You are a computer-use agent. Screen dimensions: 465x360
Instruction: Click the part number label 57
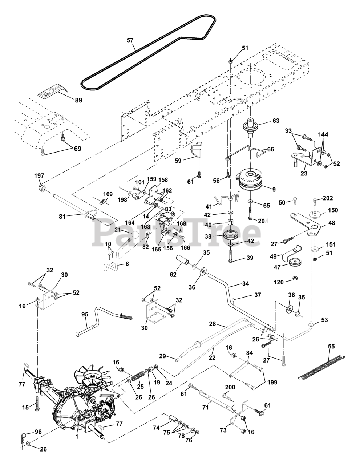tap(130, 41)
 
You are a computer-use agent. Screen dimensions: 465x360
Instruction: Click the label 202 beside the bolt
tap(328, 198)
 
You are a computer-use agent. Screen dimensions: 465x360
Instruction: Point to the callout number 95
tap(84, 315)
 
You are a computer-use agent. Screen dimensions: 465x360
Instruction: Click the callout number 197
tap(39, 175)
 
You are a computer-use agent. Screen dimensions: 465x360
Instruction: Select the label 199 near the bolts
tap(272, 382)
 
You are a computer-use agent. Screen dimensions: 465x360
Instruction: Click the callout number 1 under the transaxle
tap(77, 437)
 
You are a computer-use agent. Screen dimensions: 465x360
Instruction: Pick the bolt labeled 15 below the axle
tap(37, 403)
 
